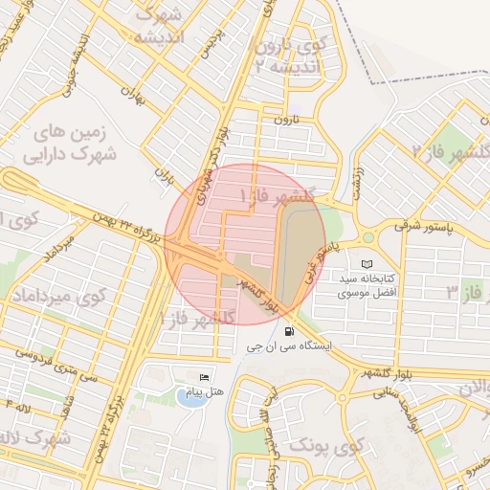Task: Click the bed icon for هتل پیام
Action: pos(203,377)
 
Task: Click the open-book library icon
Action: pos(367,263)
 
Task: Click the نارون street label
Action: pos(287,121)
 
